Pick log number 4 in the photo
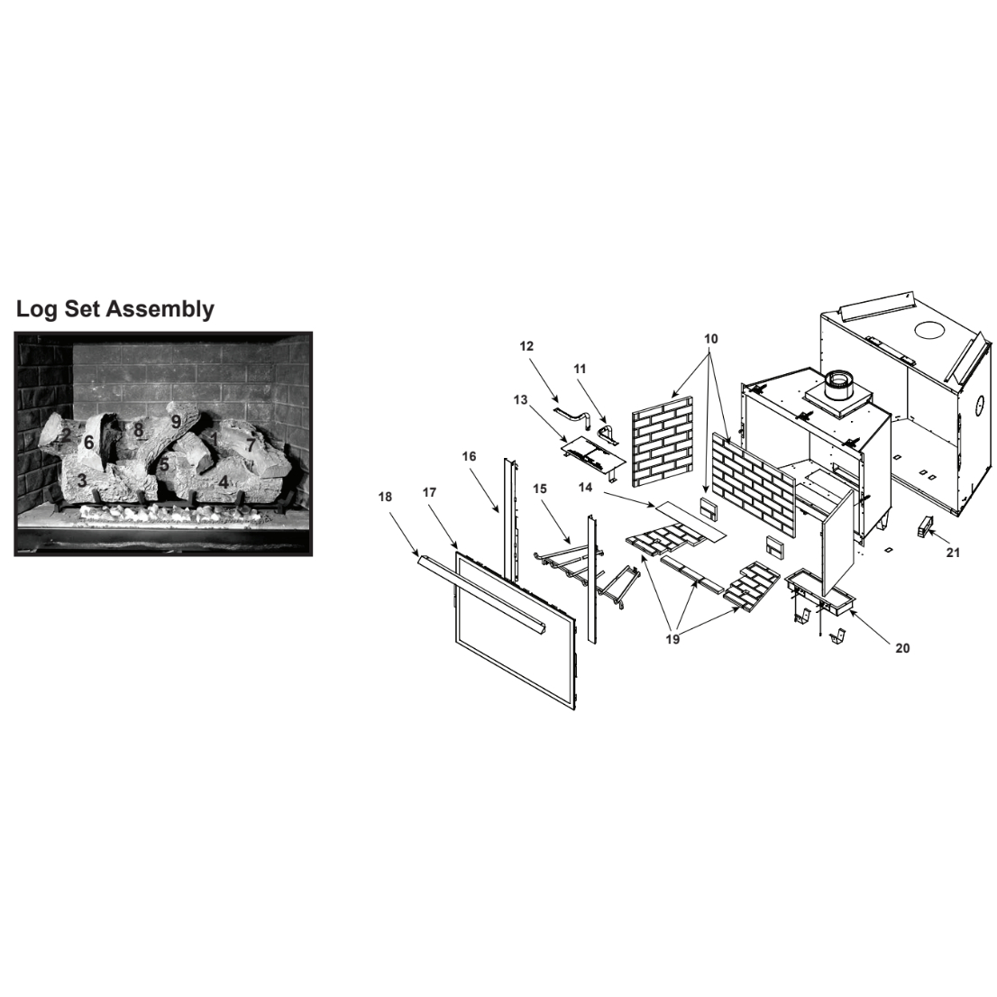[224, 482]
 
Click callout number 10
[711, 339]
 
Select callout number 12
[526, 346]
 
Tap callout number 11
[580, 369]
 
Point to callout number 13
[520, 400]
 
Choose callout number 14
[585, 488]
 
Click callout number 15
[540, 489]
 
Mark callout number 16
[469, 456]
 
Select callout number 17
[429, 492]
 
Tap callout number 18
[385, 498]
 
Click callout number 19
[672, 640]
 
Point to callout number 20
[902, 648]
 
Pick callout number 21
[953, 553]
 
